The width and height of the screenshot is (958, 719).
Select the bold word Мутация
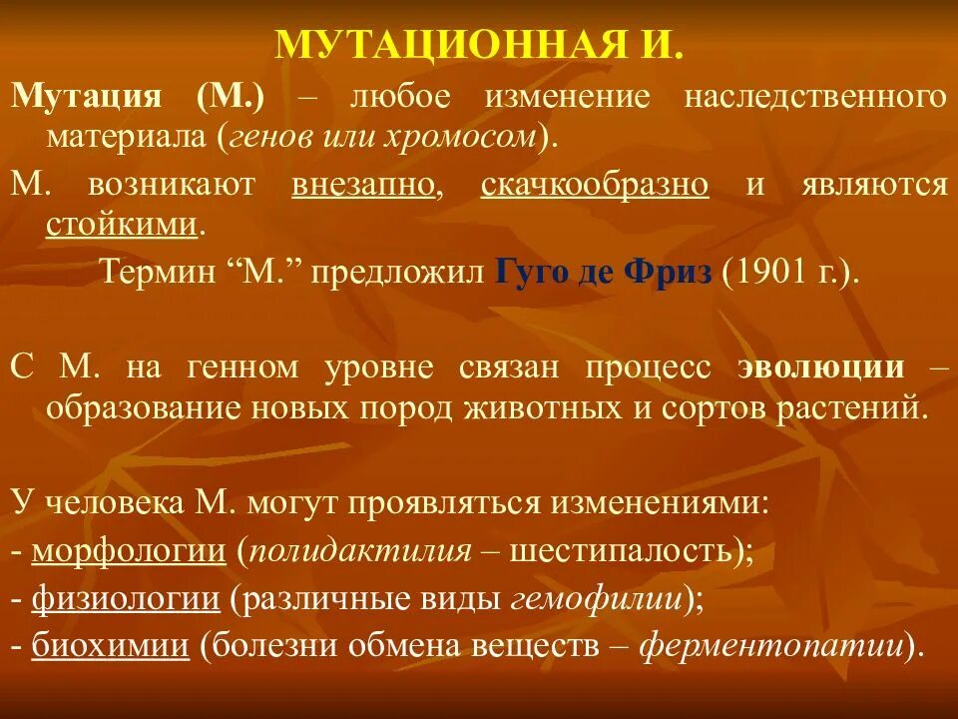click(x=87, y=97)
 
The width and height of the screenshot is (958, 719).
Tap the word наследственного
click(x=815, y=97)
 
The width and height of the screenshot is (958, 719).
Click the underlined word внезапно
click(x=364, y=185)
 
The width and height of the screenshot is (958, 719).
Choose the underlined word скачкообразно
click(x=595, y=185)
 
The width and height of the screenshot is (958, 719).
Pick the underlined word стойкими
click(x=121, y=224)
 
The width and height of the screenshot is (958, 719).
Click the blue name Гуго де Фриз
click(x=604, y=273)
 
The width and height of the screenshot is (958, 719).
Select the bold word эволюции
click(x=821, y=366)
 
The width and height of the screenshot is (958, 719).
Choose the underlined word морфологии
click(x=129, y=549)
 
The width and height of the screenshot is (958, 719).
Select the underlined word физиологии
click(x=126, y=598)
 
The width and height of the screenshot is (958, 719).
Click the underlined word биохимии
click(x=110, y=646)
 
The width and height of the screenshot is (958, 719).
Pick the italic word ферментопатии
click(x=769, y=646)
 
